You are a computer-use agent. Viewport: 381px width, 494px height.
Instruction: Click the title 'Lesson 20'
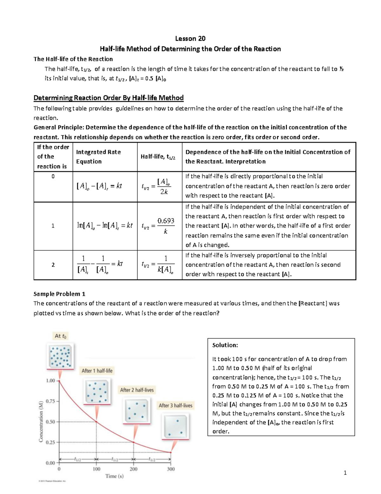[190, 38]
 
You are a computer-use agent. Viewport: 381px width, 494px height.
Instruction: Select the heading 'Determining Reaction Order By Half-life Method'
[109, 98]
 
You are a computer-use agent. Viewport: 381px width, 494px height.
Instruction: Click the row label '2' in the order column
[53, 265]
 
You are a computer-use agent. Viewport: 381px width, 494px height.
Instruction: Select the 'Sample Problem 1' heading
[59, 294]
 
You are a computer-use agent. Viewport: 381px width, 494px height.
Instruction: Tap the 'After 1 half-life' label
[97, 371]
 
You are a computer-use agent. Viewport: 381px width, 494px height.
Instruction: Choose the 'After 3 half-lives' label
[176, 405]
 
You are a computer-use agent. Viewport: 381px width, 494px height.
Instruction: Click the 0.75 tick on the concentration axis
[51, 401]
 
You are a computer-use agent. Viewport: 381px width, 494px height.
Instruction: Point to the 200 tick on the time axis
[134, 469]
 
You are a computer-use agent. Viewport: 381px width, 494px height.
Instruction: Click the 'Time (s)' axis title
[114, 476]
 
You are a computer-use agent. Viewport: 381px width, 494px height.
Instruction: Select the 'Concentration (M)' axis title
[41, 421]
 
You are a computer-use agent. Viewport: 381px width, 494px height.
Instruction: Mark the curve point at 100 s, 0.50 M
[97, 422]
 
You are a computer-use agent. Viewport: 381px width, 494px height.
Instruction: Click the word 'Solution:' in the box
[225, 345]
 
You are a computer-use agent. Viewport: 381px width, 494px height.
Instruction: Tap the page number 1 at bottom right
[345, 473]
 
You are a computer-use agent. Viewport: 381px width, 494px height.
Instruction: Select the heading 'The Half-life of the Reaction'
[73, 59]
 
